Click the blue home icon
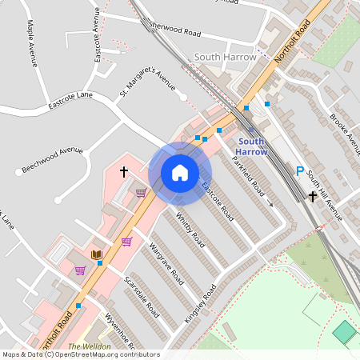pos(180,173)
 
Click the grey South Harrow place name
pos(226,57)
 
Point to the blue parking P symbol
pos(300,170)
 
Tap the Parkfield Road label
pos(249,177)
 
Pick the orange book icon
pos(97,254)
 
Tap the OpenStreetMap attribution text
pos(80,354)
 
